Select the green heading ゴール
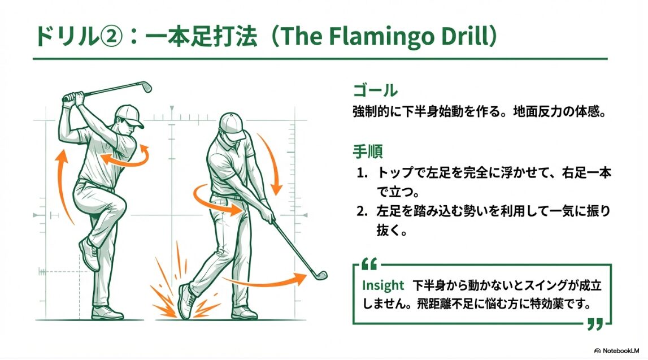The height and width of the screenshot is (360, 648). coord(375,90)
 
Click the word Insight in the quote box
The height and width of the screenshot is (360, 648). coord(383,285)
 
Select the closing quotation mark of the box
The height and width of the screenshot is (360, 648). coord(595,324)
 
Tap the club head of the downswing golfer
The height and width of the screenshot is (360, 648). coord(319,275)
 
